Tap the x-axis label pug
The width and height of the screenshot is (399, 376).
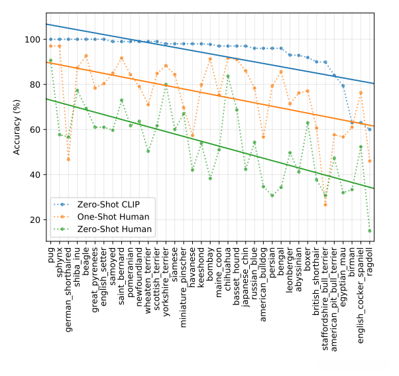pos(51,255)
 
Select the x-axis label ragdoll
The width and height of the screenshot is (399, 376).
pos(370,262)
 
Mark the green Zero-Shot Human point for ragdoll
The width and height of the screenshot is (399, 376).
pos(369,231)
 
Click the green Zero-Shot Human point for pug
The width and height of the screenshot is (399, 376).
pos(50,60)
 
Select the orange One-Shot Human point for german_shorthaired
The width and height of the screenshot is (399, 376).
pos(68,160)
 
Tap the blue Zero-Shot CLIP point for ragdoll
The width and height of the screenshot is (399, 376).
pos(369,129)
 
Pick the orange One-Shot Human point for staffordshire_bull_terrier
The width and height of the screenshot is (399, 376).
pos(325,205)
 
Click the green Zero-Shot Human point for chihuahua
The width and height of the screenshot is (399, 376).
pos(228,76)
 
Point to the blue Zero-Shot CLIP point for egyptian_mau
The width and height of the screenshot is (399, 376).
pos(343,86)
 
